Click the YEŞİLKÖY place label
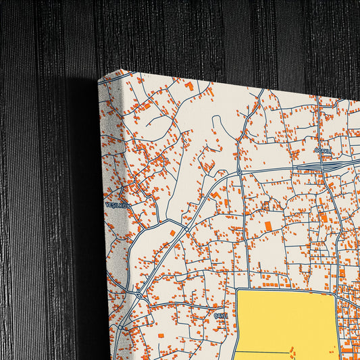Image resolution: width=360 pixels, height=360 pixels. (x=115, y=204)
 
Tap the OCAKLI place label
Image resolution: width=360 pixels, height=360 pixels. (x=324, y=152)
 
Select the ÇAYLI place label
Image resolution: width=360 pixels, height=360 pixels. (x=222, y=315)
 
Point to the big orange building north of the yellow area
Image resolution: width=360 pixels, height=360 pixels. (x=267, y=225)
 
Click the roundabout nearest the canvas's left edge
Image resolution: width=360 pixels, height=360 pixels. (x=138, y=294)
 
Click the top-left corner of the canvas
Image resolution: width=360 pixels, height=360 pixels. (x=99, y=79)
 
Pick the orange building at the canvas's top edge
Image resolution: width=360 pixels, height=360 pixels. (x=190, y=86)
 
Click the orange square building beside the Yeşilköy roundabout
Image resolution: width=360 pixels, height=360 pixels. (x=172, y=233)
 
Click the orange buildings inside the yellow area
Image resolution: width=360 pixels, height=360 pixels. (x=292, y=351)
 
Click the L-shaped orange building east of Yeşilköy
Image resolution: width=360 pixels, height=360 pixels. (x=215, y=196)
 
